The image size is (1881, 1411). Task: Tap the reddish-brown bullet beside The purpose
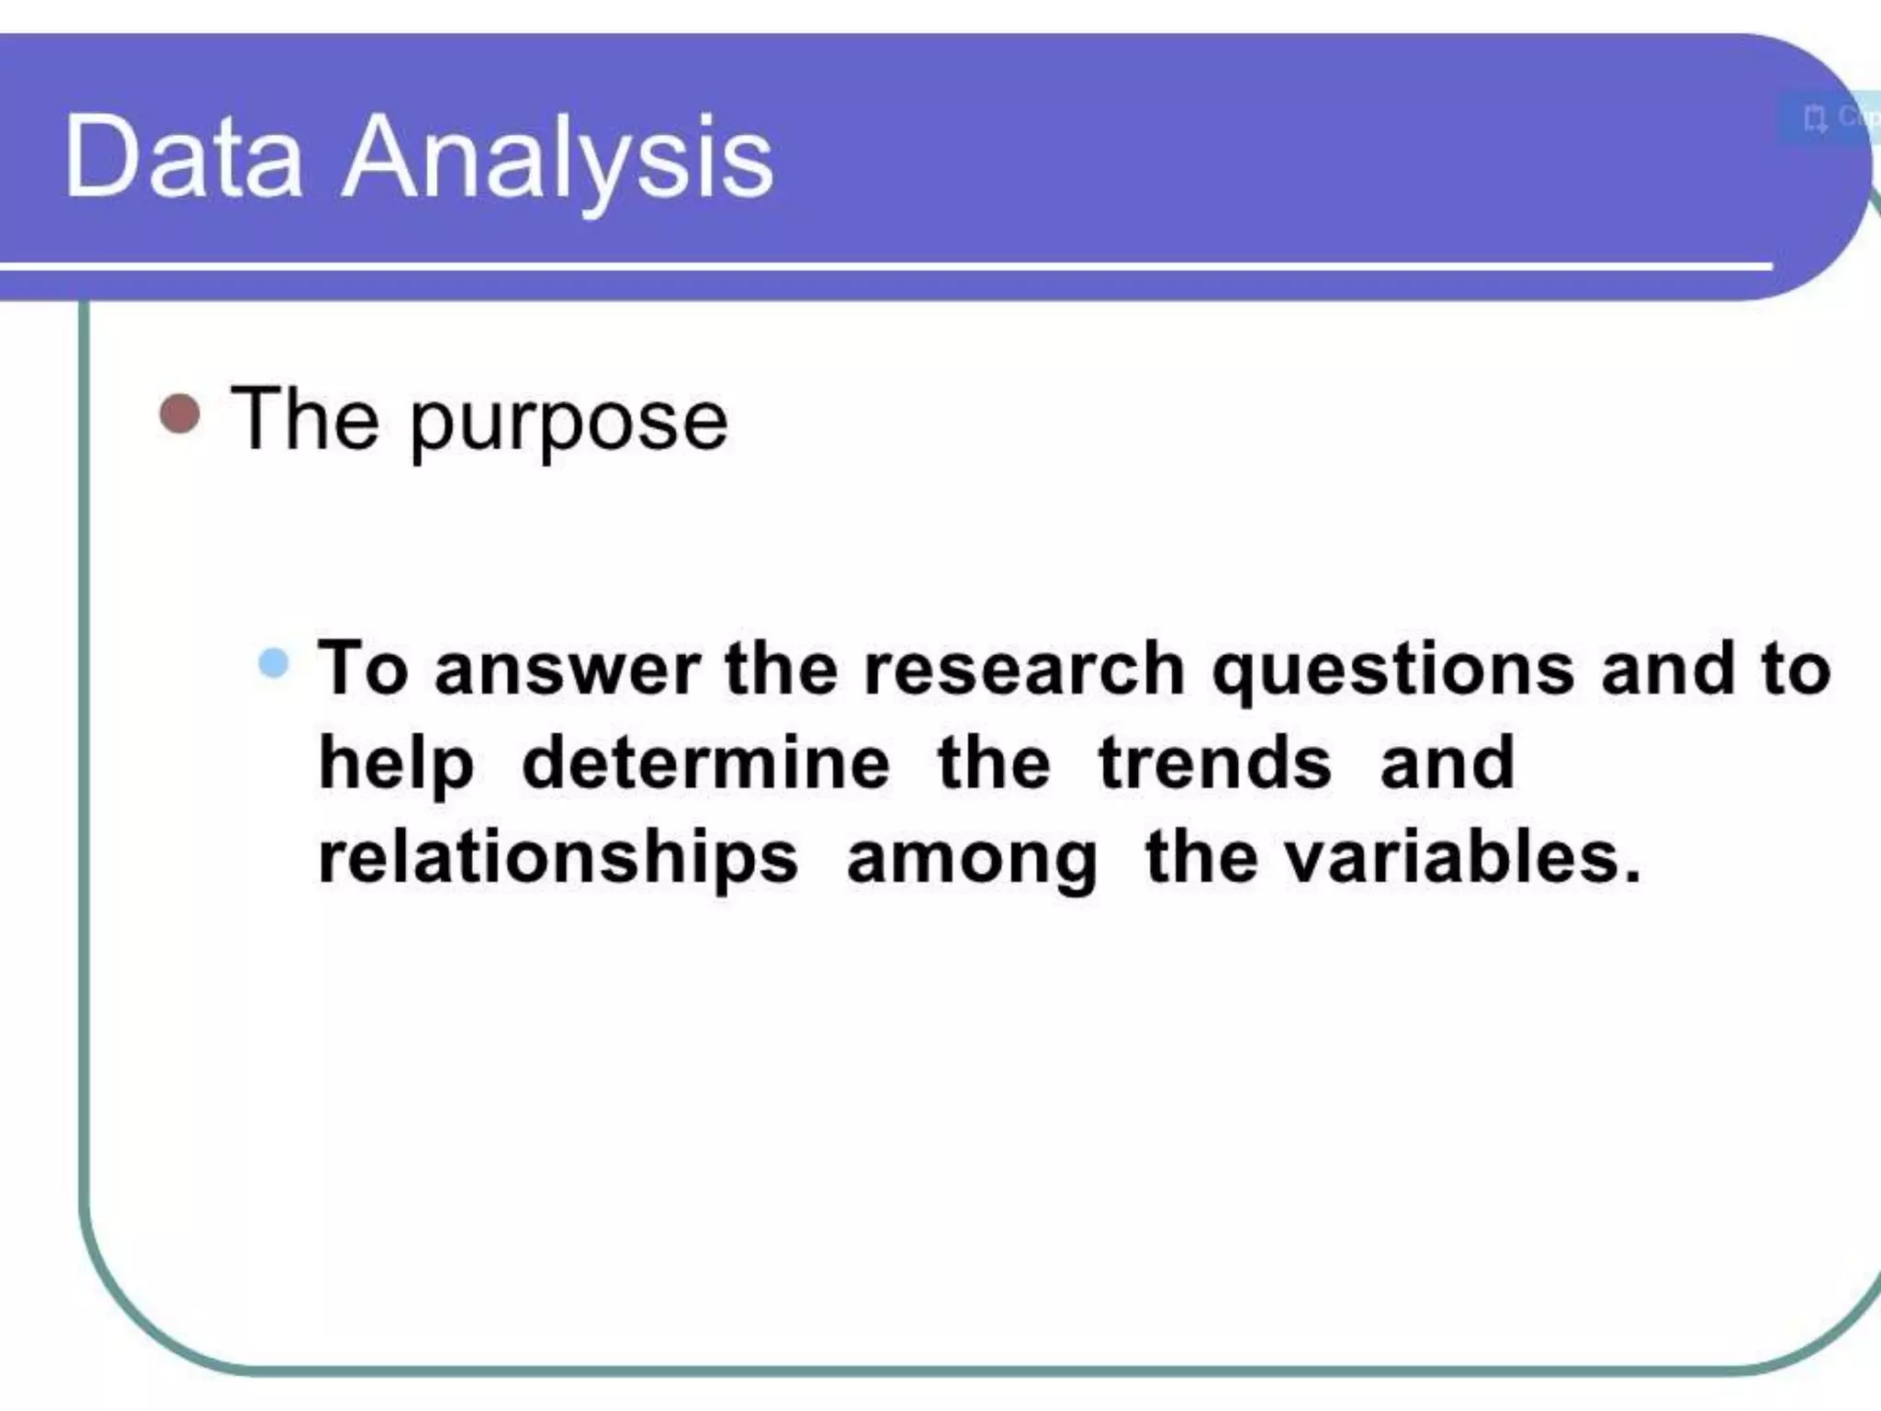click(x=180, y=414)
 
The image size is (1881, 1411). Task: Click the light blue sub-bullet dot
click(x=274, y=662)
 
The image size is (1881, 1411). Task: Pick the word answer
click(x=568, y=670)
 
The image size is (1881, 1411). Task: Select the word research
click(x=1025, y=668)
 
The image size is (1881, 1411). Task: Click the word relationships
click(x=558, y=859)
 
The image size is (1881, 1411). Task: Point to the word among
click(x=972, y=861)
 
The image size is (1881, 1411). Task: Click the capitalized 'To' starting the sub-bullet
click(x=363, y=668)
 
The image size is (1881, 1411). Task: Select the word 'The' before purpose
click(x=305, y=419)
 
